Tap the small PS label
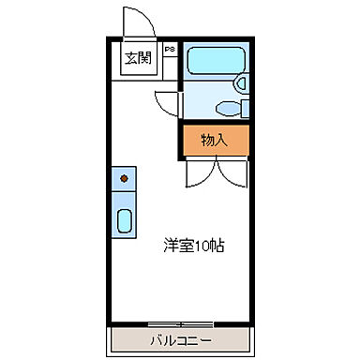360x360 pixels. click(170, 48)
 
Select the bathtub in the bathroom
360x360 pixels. click(214, 61)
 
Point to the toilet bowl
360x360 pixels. click(225, 106)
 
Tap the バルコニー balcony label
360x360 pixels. click(181, 339)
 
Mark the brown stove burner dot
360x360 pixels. click(124, 175)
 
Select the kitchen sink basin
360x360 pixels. click(124, 221)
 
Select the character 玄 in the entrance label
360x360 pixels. click(131, 58)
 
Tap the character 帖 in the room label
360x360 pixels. click(217, 247)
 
